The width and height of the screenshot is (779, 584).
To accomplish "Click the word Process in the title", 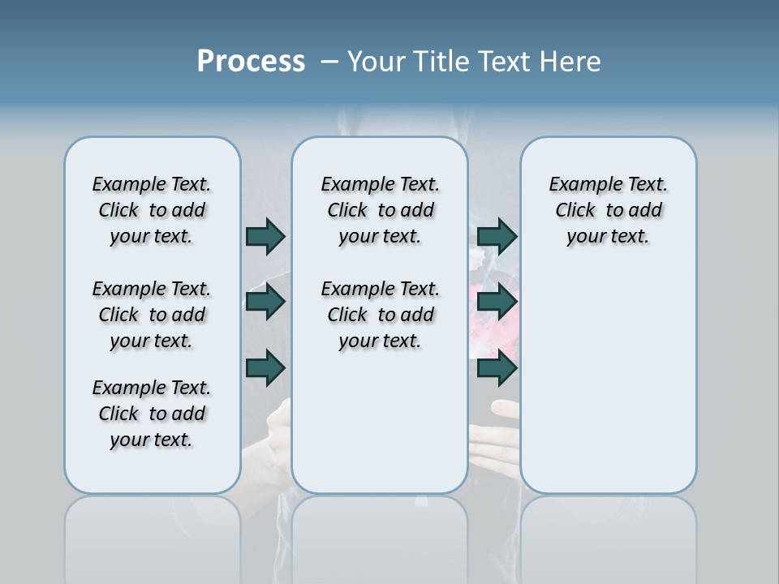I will point(251,62).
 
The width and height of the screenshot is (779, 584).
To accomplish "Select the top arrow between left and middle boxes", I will point(265,236).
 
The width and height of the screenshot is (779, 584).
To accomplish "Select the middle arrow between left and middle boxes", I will point(265,303).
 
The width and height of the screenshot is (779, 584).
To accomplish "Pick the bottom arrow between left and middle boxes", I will point(265,368).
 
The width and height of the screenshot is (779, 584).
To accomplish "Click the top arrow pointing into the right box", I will point(497,236).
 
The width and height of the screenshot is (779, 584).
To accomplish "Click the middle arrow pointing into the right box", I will point(497,303).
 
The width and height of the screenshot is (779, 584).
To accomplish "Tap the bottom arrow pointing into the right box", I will point(497,368).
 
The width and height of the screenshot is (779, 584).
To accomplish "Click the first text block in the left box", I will point(152,210).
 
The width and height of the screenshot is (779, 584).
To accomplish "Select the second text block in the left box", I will point(152,315).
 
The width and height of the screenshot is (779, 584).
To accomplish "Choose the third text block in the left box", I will point(152,414).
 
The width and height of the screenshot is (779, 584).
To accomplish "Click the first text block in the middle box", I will point(380,210).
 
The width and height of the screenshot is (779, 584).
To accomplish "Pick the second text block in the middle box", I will point(380,315).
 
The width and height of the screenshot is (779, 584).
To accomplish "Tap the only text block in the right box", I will point(608,210).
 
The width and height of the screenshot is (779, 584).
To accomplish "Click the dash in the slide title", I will point(329,62).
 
